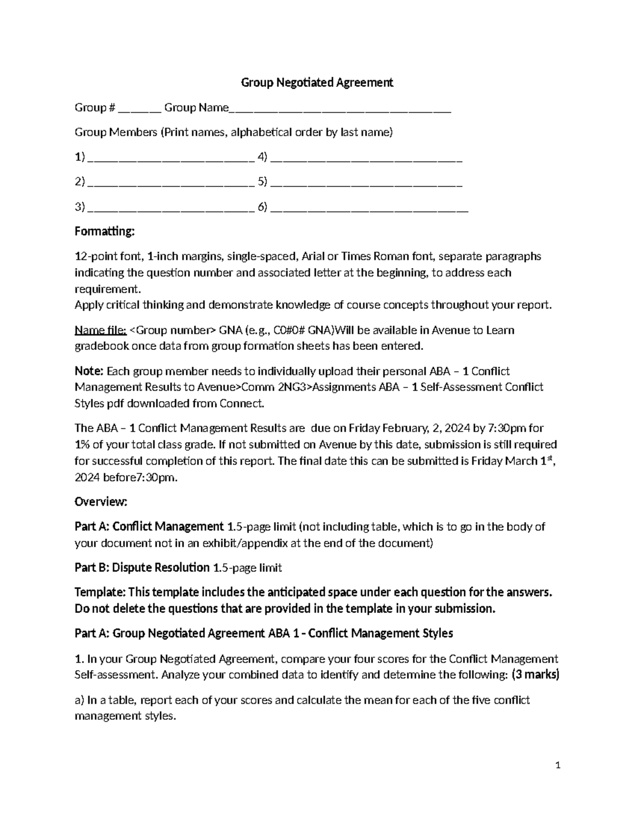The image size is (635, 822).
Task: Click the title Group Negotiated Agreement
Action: pos(317,83)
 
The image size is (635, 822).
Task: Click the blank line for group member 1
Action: pos(171,158)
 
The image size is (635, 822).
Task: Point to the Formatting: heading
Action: pos(105,232)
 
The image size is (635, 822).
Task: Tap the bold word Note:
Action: pos(89,371)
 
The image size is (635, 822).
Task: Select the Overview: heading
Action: pos(101,501)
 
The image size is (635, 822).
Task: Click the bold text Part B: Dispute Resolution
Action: pos(142,568)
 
